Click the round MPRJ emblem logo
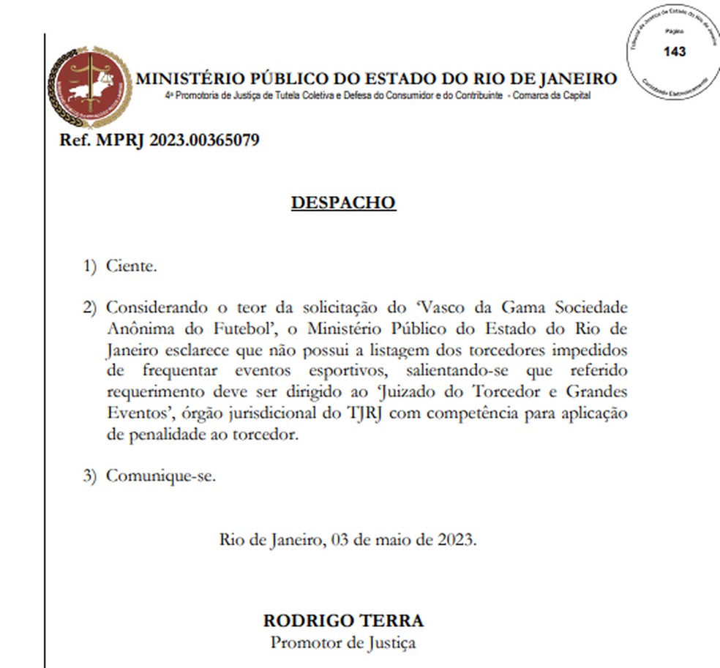[90, 87]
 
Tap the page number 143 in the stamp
[675, 52]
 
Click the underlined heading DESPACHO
[343, 203]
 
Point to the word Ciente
[131, 266]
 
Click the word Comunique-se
[161, 476]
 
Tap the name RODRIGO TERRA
[343, 620]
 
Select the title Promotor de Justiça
[343, 643]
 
